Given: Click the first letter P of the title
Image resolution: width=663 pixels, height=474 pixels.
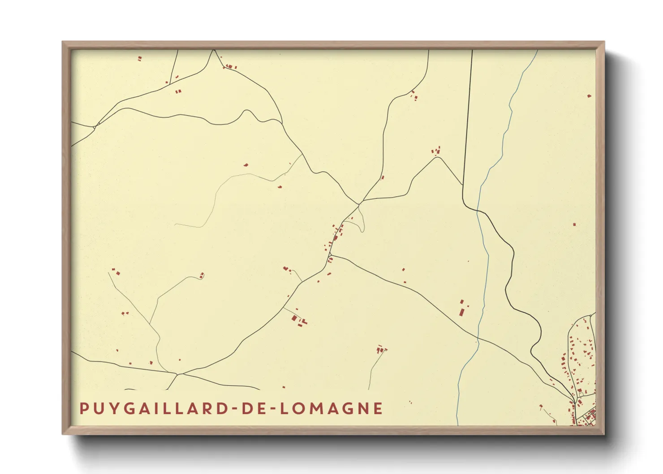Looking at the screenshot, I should [x=83, y=409].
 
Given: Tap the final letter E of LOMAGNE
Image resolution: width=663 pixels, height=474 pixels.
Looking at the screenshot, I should [x=379, y=409].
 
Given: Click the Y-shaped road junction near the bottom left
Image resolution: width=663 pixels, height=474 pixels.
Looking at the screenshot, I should [x=178, y=374].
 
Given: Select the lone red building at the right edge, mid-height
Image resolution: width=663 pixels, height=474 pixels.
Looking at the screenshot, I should [x=574, y=224].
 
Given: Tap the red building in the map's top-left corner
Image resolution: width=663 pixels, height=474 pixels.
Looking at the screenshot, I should [x=140, y=58].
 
